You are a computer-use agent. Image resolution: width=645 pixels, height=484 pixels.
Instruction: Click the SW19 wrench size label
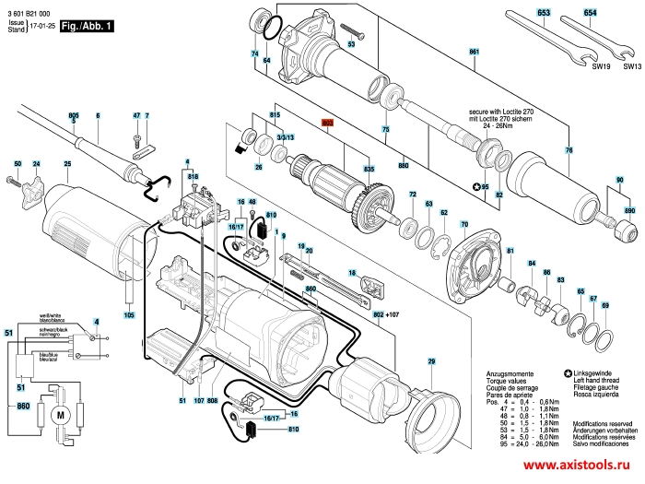pos(602,67)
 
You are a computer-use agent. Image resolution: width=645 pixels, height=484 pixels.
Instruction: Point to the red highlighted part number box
pos(327,121)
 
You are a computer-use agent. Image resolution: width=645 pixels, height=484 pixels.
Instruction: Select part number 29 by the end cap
pos(429,364)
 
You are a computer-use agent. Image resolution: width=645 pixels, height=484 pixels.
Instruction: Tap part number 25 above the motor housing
pos(66,165)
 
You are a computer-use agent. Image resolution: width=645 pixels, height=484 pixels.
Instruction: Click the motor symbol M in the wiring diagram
pos(61,417)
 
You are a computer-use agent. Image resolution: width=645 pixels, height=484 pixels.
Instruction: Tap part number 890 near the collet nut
pos(629,212)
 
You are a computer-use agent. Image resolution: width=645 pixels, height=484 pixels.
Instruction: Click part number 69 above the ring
pos(604,305)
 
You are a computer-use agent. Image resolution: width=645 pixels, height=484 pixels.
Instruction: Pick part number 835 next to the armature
pos(369,171)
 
